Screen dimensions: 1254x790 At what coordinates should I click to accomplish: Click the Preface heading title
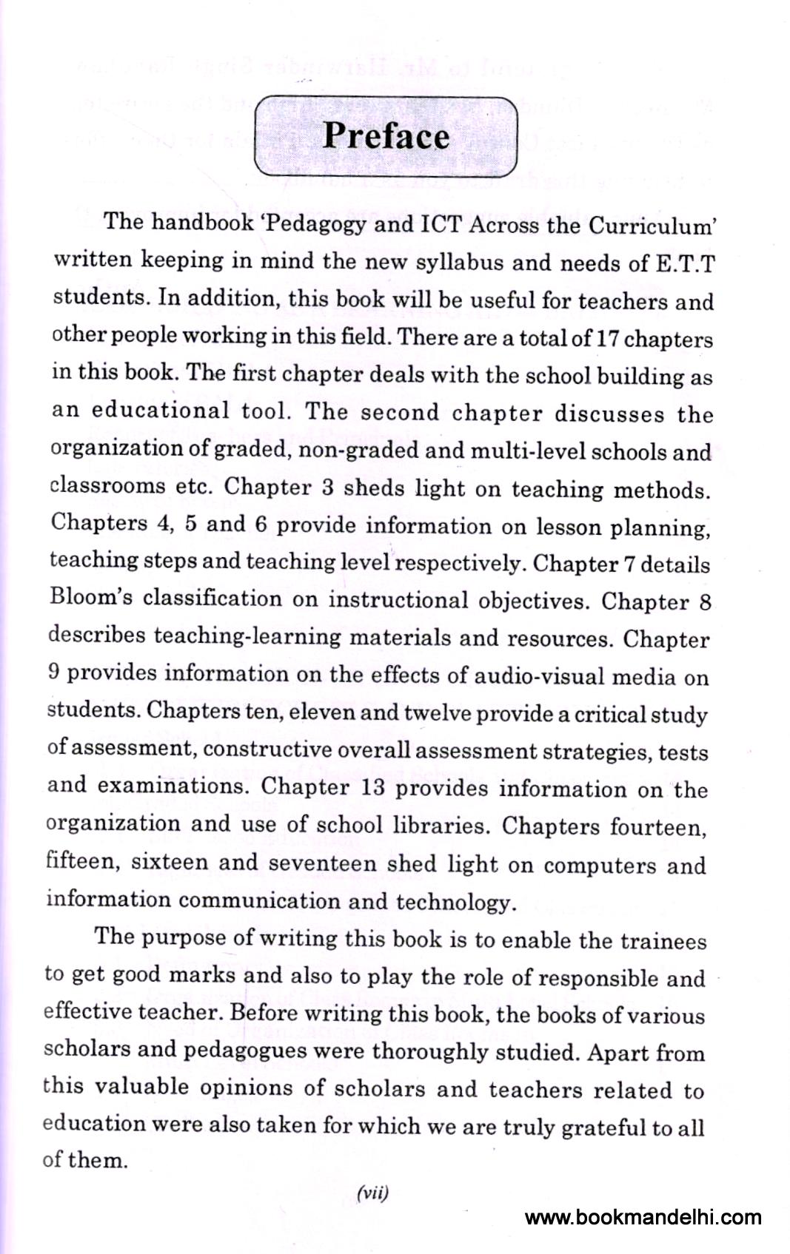(x=386, y=136)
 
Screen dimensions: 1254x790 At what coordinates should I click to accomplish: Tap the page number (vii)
(x=372, y=1193)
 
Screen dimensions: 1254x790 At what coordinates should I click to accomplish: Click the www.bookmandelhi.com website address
(x=643, y=1217)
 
